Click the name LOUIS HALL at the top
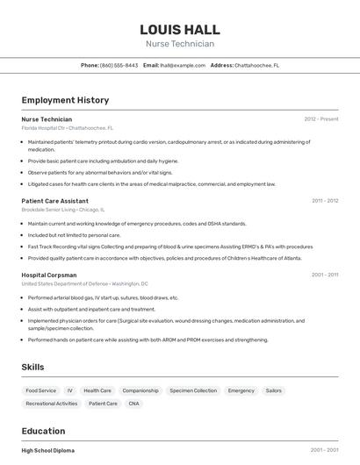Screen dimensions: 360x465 [x=179, y=29]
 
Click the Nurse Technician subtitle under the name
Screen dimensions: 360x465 [x=179, y=44]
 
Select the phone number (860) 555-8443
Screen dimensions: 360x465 [x=119, y=66]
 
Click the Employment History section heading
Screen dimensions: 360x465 [x=65, y=100]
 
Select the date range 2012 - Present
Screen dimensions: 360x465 [x=320, y=119]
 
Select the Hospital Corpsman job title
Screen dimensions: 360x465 [x=49, y=275]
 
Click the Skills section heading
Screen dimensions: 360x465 [x=33, y=367]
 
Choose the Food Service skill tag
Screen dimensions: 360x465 [x=40, y=390]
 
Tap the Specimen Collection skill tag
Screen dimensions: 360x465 [x=192, y=390]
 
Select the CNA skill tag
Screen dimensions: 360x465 [x=133, y=404]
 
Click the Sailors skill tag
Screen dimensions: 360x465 [x=273, y=390]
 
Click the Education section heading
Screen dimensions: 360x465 [x=43, y=431]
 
